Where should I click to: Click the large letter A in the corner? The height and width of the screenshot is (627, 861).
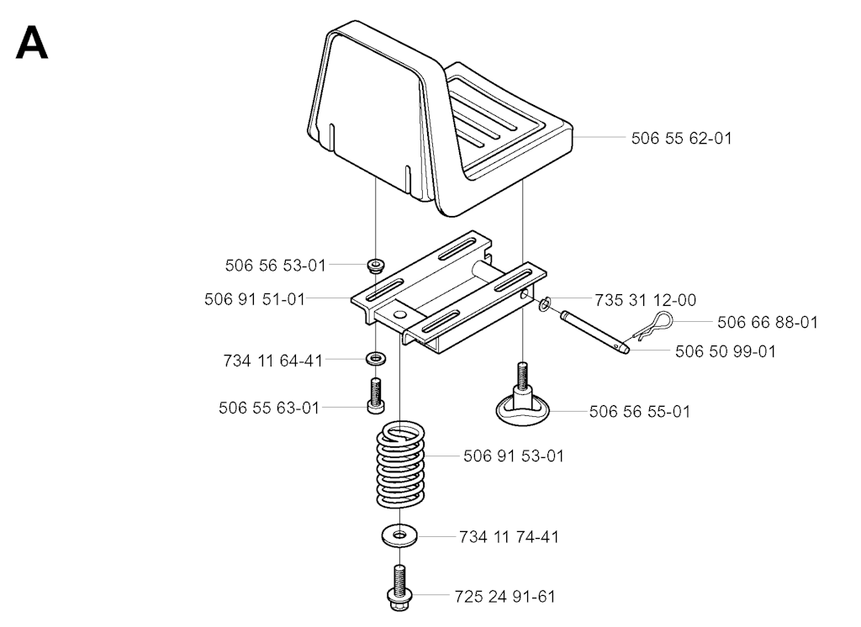(32, 44)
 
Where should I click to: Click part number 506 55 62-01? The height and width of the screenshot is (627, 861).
(681, 139)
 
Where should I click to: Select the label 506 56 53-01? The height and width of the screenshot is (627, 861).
(276, 266)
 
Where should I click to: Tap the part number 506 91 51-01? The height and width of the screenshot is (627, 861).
(254, 299)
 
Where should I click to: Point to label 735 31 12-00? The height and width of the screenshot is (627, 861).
(645, 300)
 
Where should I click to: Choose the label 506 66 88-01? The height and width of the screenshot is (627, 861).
(768, 322)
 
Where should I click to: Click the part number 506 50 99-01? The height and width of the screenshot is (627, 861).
(726, 351)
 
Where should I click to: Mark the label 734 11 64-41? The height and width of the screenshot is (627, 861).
(273, 361)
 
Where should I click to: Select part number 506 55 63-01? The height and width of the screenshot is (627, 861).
(269, 408)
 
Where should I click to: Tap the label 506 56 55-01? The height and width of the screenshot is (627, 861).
(640, 412)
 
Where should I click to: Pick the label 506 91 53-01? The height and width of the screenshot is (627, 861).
(514, 456)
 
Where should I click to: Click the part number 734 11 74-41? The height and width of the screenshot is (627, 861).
(509, 537)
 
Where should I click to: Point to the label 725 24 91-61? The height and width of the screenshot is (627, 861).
(504, 597)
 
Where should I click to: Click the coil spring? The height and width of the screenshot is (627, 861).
(401, 464)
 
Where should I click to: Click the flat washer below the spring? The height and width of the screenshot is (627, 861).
(399, 535)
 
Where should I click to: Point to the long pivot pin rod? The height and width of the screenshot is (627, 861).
(594, 333)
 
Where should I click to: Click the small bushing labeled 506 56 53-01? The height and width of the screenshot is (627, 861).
(376, 265)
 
